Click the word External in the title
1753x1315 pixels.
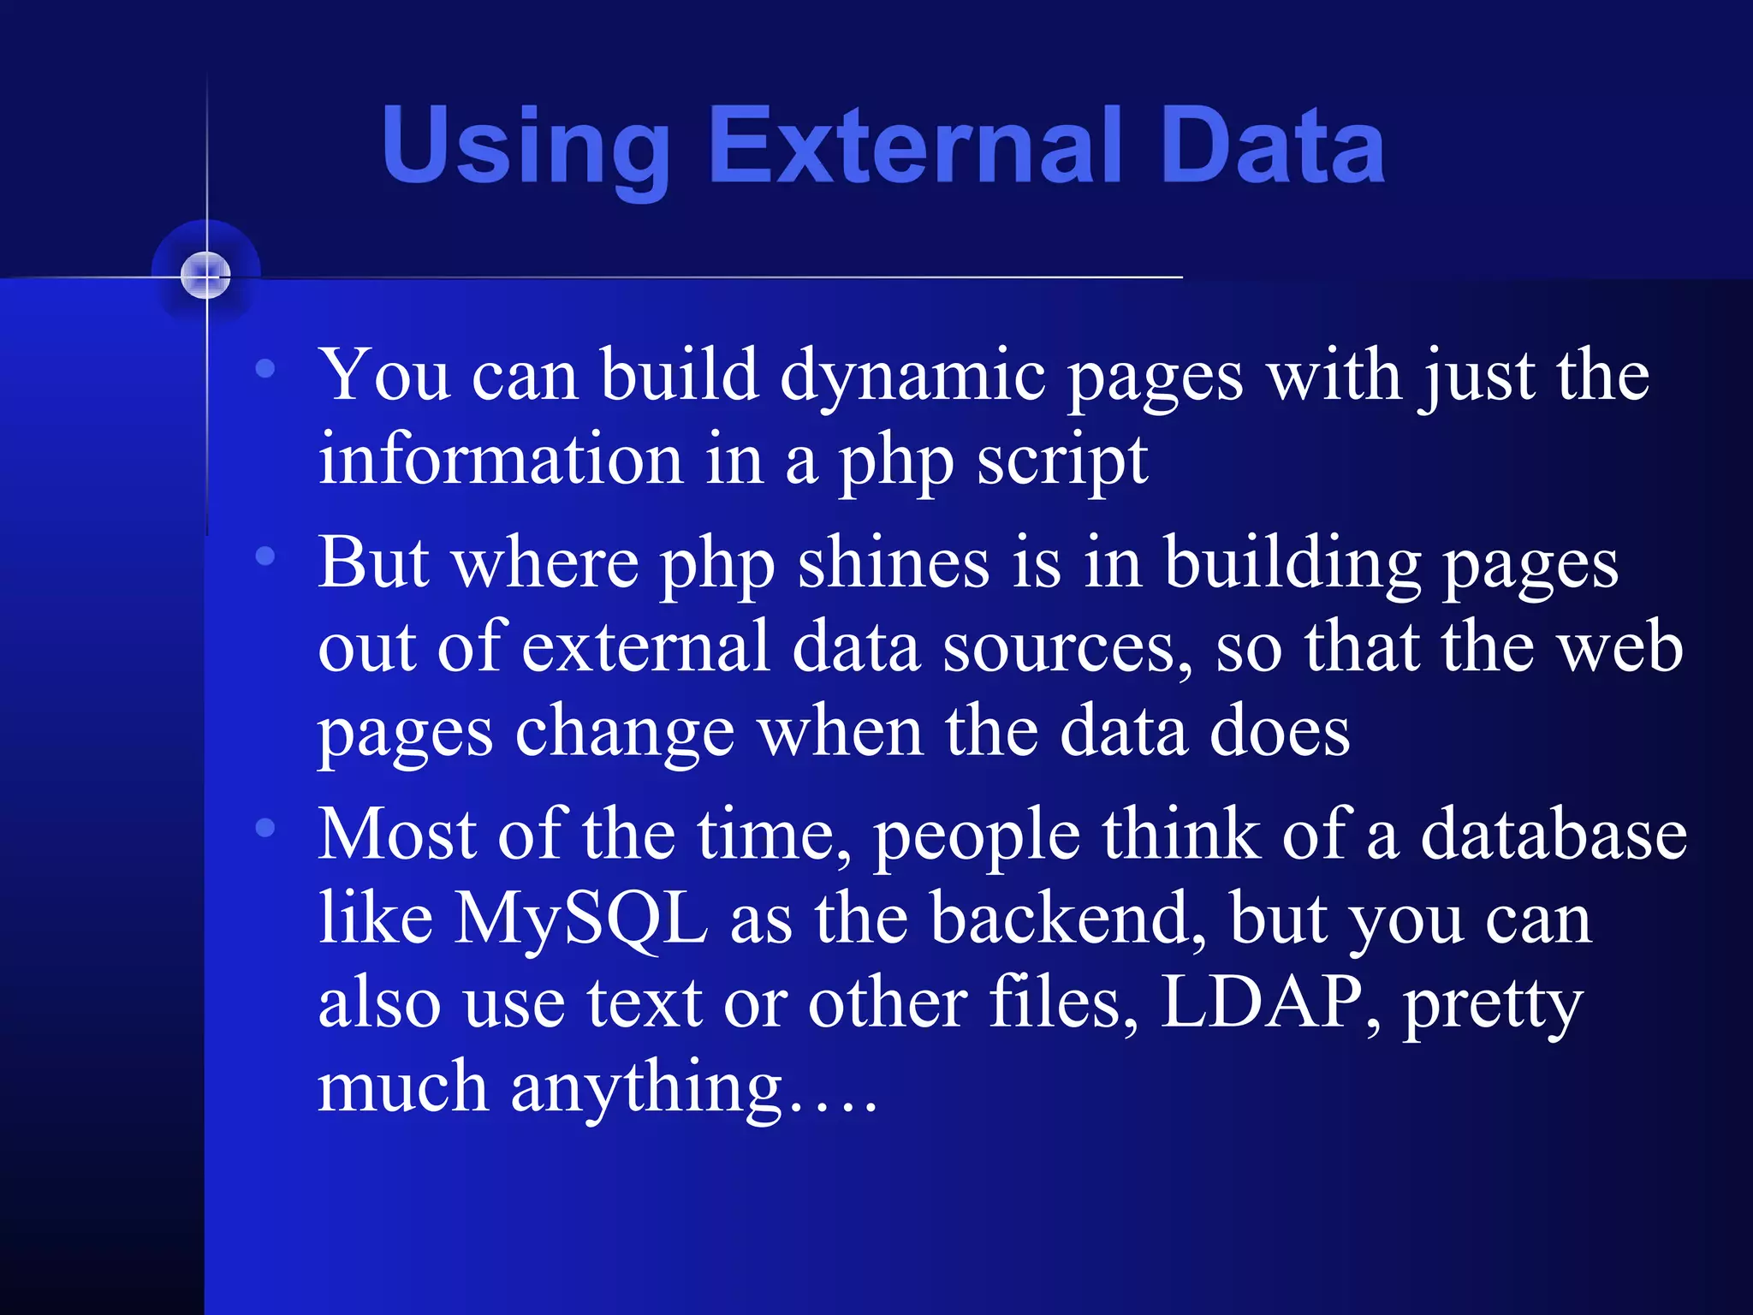(x=916, y=146)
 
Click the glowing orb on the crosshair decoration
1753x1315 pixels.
(x=206, y=276)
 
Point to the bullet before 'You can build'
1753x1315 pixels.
(x=265, y=369)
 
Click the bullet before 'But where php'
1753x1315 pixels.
(x=265, y=556)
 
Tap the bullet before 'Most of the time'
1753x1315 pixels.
(x=265, y=828)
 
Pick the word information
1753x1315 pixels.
(x=500, y=460)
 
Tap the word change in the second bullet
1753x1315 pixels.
(x=624, y=734)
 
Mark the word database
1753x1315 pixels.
(x=1553, y=835)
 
